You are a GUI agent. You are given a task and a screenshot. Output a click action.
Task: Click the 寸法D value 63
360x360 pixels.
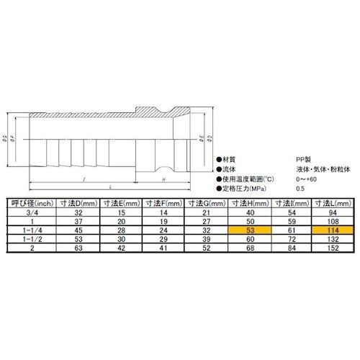76,248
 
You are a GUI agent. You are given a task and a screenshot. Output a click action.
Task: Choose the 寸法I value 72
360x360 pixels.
292,239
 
